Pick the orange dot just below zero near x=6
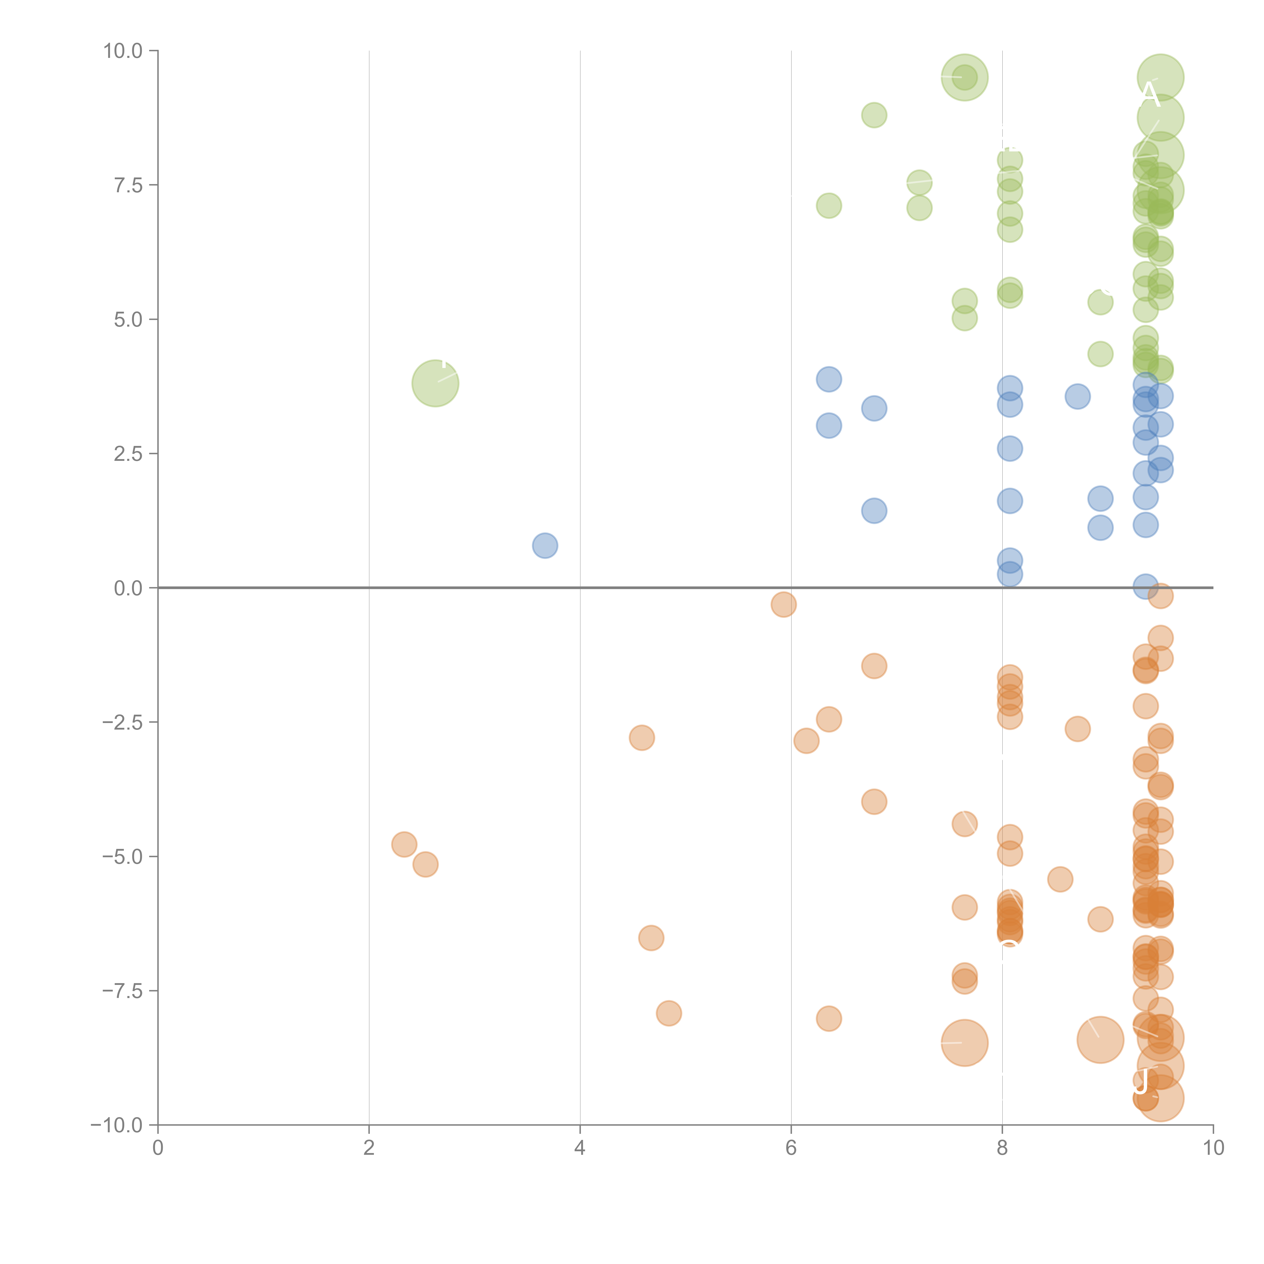pyautogui.click(x=783, y=604)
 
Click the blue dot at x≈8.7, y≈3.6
pyautogui.click(x=1077, y=396)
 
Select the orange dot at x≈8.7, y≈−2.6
pyautogui.click(x=1077, y=729)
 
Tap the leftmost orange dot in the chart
pyautogui.click(x=404, y=845)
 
